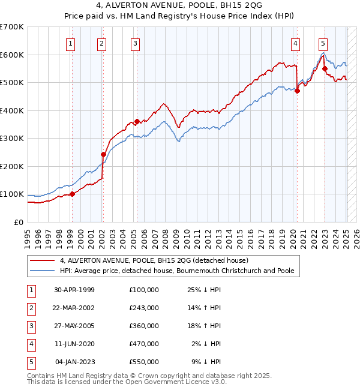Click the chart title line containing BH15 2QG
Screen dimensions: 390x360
pos(179,7)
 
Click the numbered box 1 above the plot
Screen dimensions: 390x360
pos(71,43)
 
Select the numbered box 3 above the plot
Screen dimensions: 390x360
pos(136,43)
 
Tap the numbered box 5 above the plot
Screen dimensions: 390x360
pos(323,43)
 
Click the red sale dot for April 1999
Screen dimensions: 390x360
pos(72,194)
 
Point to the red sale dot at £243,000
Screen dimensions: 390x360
pos(103,154)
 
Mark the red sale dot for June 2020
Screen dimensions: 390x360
pos(297,91)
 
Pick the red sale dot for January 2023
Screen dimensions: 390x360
pos(325,68)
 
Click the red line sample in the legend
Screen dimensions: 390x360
pos(43,261)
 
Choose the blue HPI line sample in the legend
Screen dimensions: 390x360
pos(43,271)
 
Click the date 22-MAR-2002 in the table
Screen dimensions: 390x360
pos(74,308)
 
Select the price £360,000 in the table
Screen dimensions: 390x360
pos(144,326)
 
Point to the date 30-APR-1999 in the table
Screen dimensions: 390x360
pos(74,290)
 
